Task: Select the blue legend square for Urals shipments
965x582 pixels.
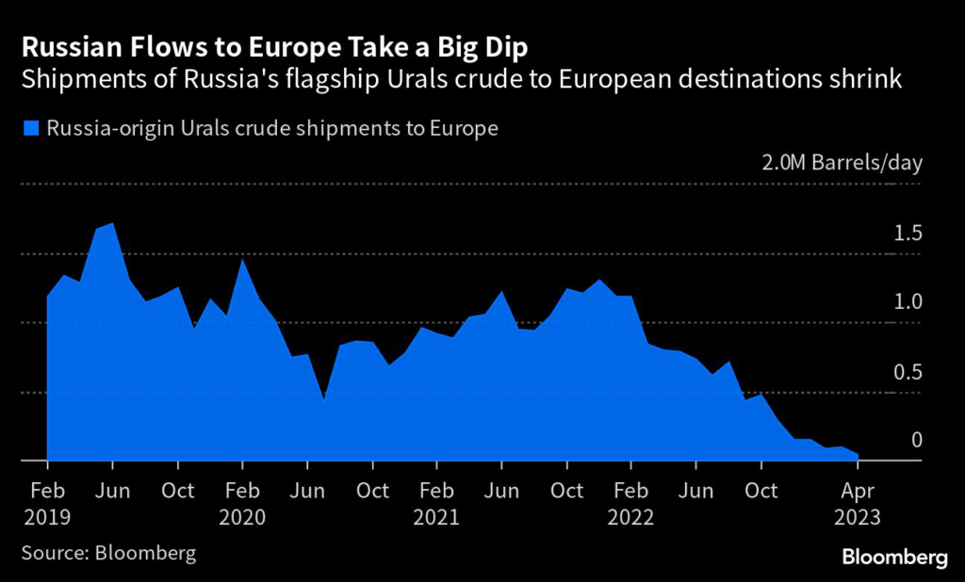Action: [x=32, y=128]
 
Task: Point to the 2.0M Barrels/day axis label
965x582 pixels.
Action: [x=842, y=162]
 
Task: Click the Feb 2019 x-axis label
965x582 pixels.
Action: [x=47, y=504]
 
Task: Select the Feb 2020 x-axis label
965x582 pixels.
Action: [x=242, y=504]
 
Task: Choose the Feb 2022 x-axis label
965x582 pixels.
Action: [x=630, y=504]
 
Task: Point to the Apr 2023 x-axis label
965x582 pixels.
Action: [x=857, y=504]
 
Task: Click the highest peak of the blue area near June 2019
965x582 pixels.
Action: [x=113, y=224]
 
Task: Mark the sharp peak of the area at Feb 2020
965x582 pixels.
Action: [x=242, y=259]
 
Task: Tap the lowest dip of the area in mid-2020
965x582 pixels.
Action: [x=323, y=399]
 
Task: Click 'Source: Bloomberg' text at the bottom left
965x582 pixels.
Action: [x=108, y=552]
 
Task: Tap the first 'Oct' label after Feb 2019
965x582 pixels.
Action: [x=177, y=491]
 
